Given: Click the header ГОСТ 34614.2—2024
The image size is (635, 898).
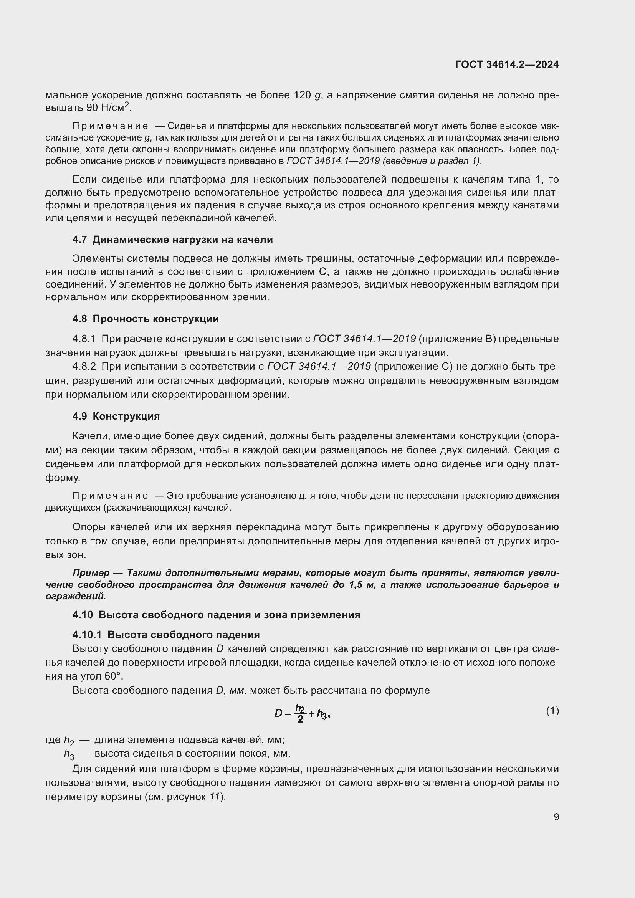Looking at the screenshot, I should pyautogui.click(x=507, y=65).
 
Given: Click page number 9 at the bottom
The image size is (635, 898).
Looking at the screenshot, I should pyautogui.click(x=556, y=817).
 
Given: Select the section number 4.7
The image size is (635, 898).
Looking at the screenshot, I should pyautogui.click(x=79, y=240).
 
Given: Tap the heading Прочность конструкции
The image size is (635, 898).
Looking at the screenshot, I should pyautogui.click(x=155, y=319).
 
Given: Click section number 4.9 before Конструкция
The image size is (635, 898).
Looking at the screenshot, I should pyautogui.click(x=79, y=416).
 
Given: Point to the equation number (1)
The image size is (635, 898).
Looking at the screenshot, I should pyautogui.click(x=552, y=711).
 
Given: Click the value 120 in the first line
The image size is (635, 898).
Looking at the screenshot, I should pyautogui.click(x=302, y=96).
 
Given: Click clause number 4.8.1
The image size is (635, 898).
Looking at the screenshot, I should pyautogui.click(x=84, y=339).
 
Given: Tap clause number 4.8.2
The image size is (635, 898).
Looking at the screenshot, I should pyautogui.click(x=84, y=367).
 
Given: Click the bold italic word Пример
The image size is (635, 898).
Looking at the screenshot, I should pyautogui.click(x=91, y=573).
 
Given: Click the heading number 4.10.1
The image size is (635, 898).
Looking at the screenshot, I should pyautogui.click(x=87, y=635).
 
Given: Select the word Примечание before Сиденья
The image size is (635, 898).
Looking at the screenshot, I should pyautogui.click(x=110, y=126).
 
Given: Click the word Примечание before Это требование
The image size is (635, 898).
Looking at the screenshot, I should pyautogui.click(x=110, y=496).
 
